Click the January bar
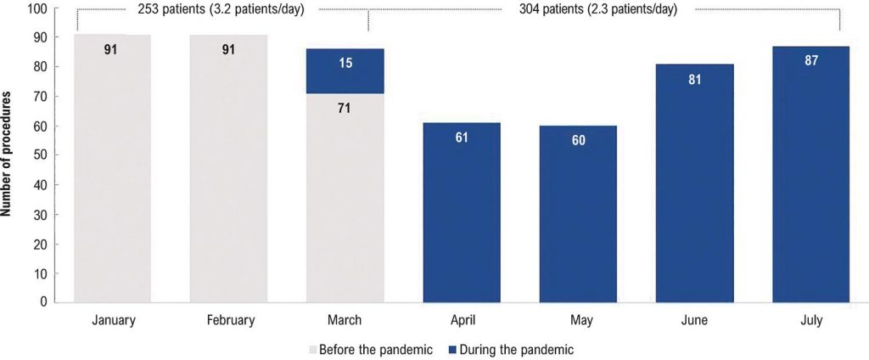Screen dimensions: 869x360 point(113,169)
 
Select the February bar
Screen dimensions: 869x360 point(229,169)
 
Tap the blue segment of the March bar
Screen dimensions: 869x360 point(345,71)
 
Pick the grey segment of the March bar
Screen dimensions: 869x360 point(345,199)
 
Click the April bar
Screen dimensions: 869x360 point(462,213)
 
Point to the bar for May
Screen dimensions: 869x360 point(578,214)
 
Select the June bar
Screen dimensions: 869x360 point(694,183)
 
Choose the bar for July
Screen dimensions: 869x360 point(810,175)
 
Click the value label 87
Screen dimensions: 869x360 point(810,61)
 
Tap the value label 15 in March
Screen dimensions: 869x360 point(345,64)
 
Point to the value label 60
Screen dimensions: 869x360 point(578,140)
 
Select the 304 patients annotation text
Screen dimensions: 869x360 point(598,10)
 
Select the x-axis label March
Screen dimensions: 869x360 point(345,321)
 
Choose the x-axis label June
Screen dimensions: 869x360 point(694,321)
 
